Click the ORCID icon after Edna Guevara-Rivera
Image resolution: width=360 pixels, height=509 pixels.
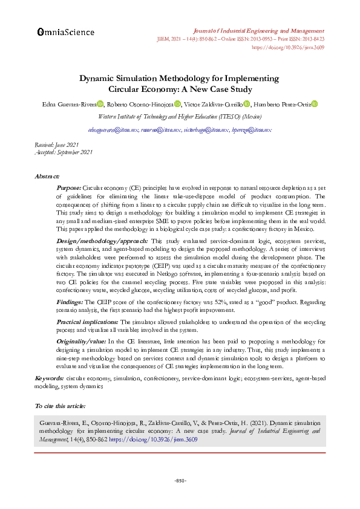pyautogui.click(x=100, y=105)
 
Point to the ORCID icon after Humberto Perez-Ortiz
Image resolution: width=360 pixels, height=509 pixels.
pyautogui.click(x=314, y=105)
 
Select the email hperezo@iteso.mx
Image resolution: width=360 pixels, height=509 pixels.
pyautogui.click(x=251, y=130)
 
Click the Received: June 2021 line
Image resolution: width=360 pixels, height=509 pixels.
pyautogui.click(x=57, y=146)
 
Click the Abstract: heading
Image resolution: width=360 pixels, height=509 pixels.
pyautogui.click(x=47, y=177)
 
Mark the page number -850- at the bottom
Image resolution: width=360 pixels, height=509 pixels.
pyautogui.click(x=180, y=480)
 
